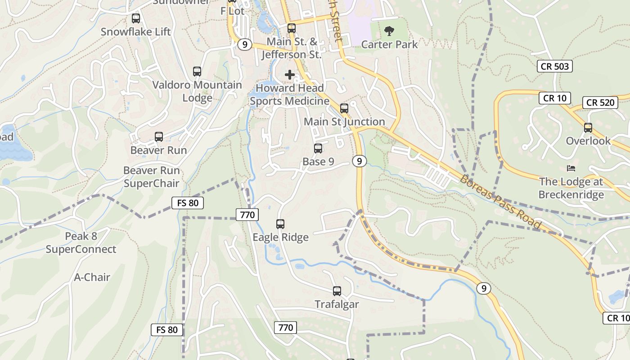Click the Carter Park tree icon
(x=389, y=31)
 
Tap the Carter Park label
(x=389, y=45)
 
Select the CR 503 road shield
(x=555, y=67)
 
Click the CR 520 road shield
(x=600, y=103)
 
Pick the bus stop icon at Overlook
(x=588, y=128)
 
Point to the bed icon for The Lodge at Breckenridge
(x=571, y=168)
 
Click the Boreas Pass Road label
(x=500, y=201)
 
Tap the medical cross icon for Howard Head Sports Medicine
(x=290, y=74)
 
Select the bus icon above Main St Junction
(x=344, y=108)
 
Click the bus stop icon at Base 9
(x=318, y=148)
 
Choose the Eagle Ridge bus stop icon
(x=280, y=224)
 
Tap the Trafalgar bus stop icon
(x=337, y=291)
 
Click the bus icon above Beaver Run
(x=158, y=137)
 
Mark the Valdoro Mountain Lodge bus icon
(x=197, y=72)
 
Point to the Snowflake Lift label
(x=135, y=32)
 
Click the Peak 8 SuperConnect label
(x=81, y=243)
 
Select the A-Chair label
(x=92, y=277)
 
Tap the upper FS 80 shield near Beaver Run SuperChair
(x=188, y=203)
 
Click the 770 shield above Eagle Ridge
(x=247, y=215)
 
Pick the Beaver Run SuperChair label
(x=151, y=177)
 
